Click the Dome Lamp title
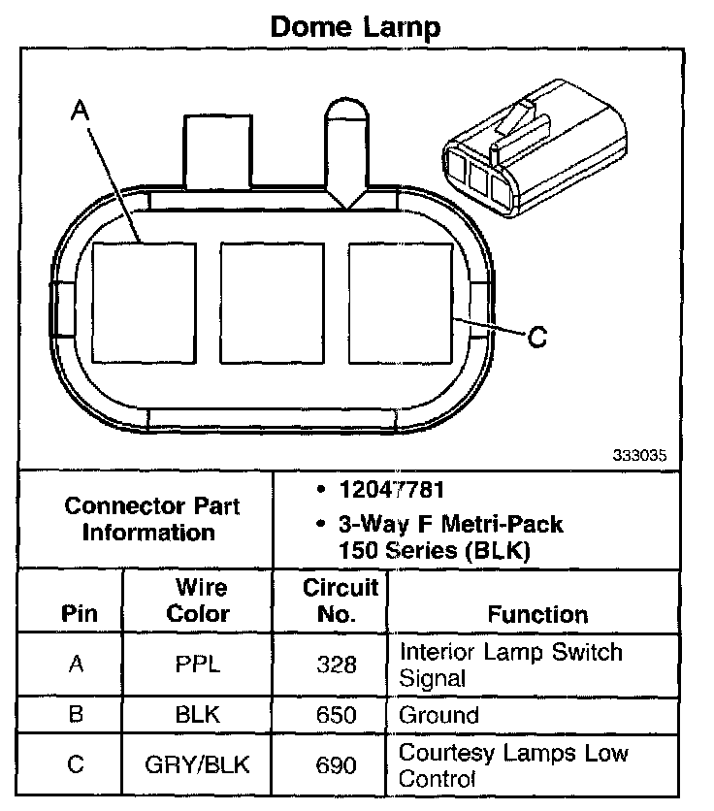point(354,26)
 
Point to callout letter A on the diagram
point(81,113)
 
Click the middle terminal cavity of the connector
point(273,304)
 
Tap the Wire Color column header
point(198,600)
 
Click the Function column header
point(537,614)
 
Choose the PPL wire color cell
point(198,665)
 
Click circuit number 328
point(337,665)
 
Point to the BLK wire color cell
point(198,716)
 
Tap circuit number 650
point(337,716)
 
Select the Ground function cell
point(439,716)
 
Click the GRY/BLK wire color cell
point(198,765)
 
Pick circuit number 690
point(337,765)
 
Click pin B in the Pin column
point(76,716)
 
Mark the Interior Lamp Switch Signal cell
point(511,665)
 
